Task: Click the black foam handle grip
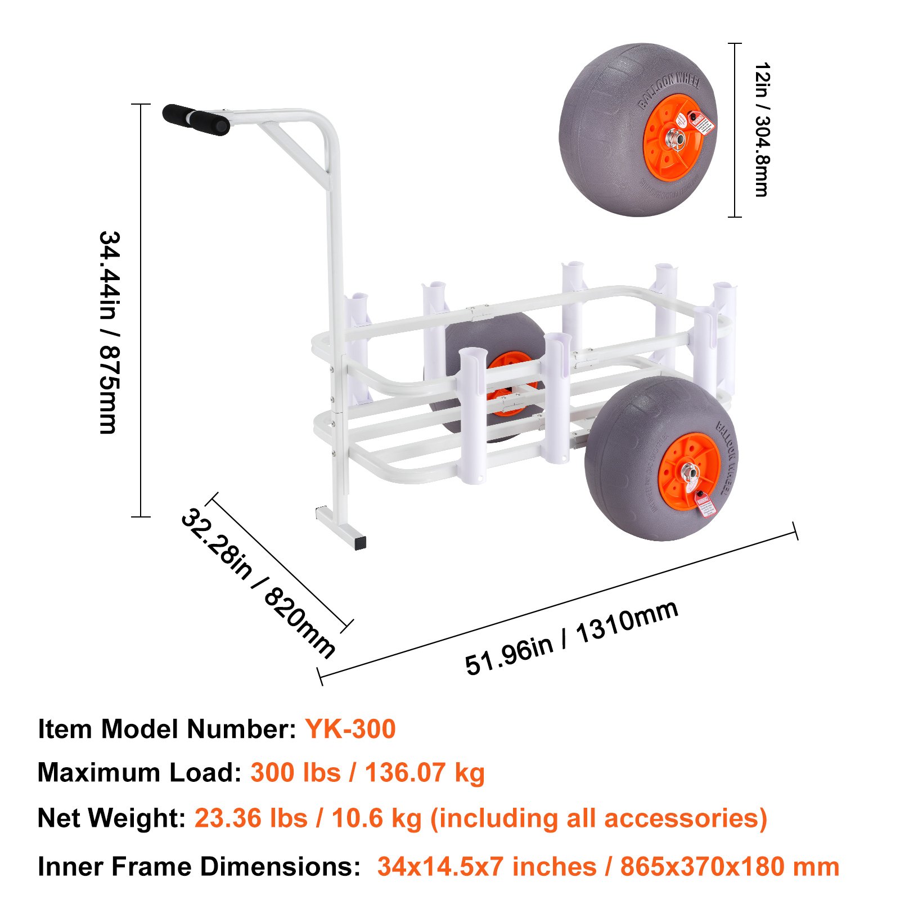pos(196,119)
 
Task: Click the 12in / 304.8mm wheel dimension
pos(762,129)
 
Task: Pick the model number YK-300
pos(350,729)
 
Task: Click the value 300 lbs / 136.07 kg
pos(367,773)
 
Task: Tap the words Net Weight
pos(111,818)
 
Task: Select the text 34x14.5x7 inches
pos(487,867)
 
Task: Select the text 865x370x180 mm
pos(730,867)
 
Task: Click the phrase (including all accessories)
pos(598,818)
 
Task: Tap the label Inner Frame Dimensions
pos(199,867)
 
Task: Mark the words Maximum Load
pos(139,773)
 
